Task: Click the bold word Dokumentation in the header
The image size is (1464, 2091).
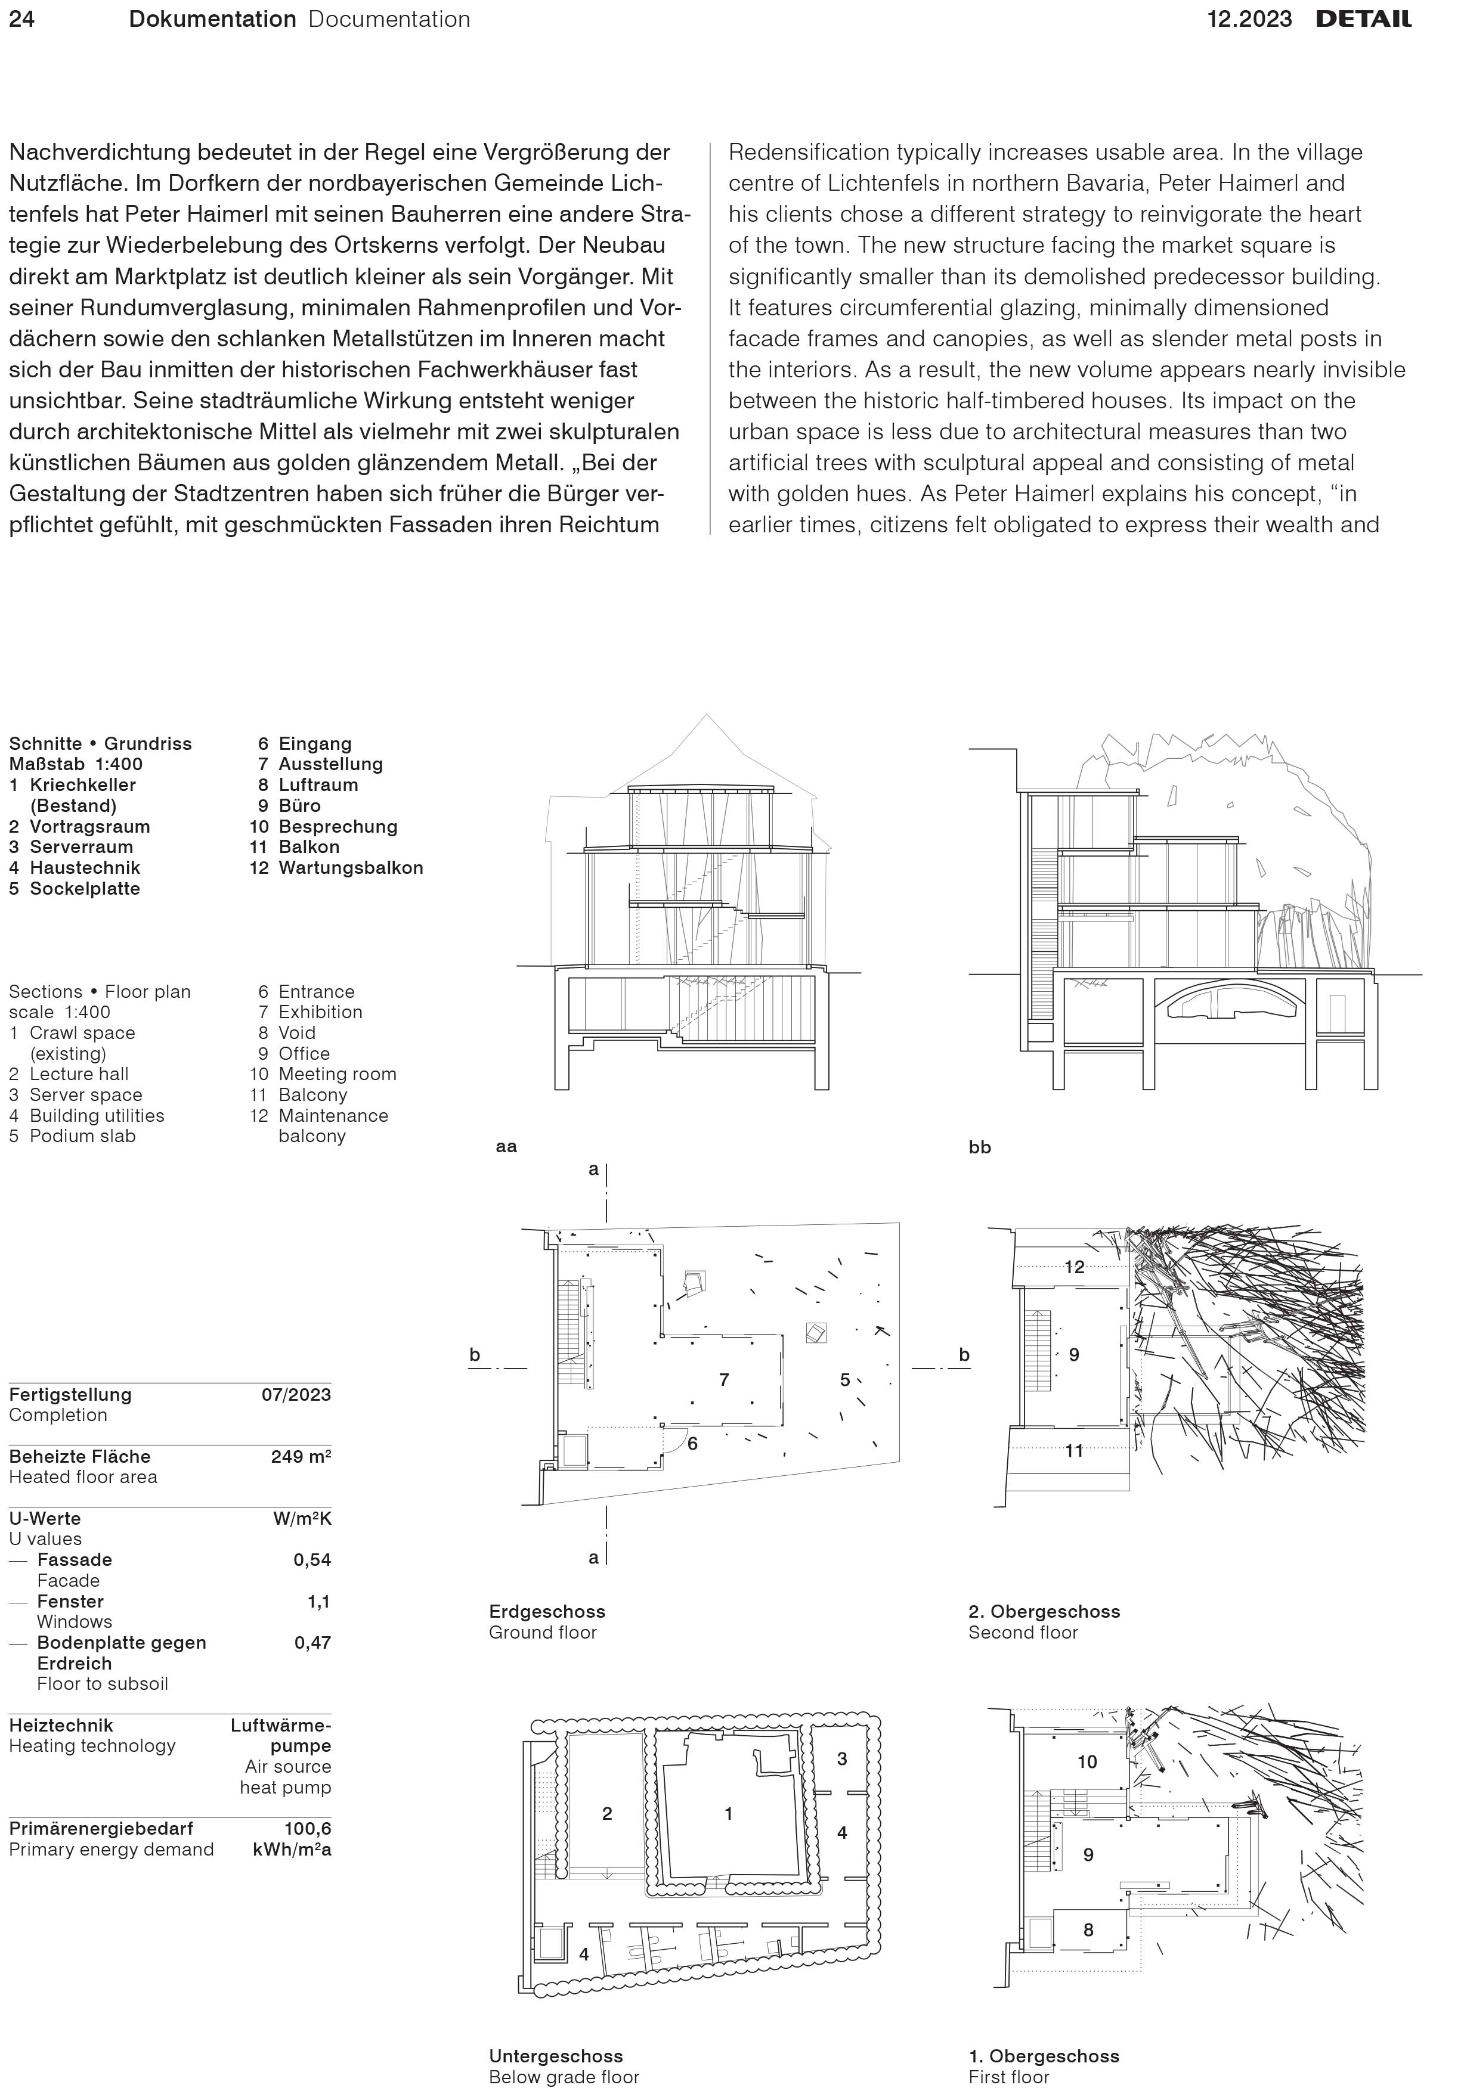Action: [212, 19]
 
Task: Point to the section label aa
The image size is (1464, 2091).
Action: [506, 1147]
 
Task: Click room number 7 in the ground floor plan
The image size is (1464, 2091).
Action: [725, 1380]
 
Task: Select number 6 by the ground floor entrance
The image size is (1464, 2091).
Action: [692, 1444]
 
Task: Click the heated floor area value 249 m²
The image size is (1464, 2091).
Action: [301, 1456]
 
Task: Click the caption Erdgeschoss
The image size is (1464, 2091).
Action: [547, 1611]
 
